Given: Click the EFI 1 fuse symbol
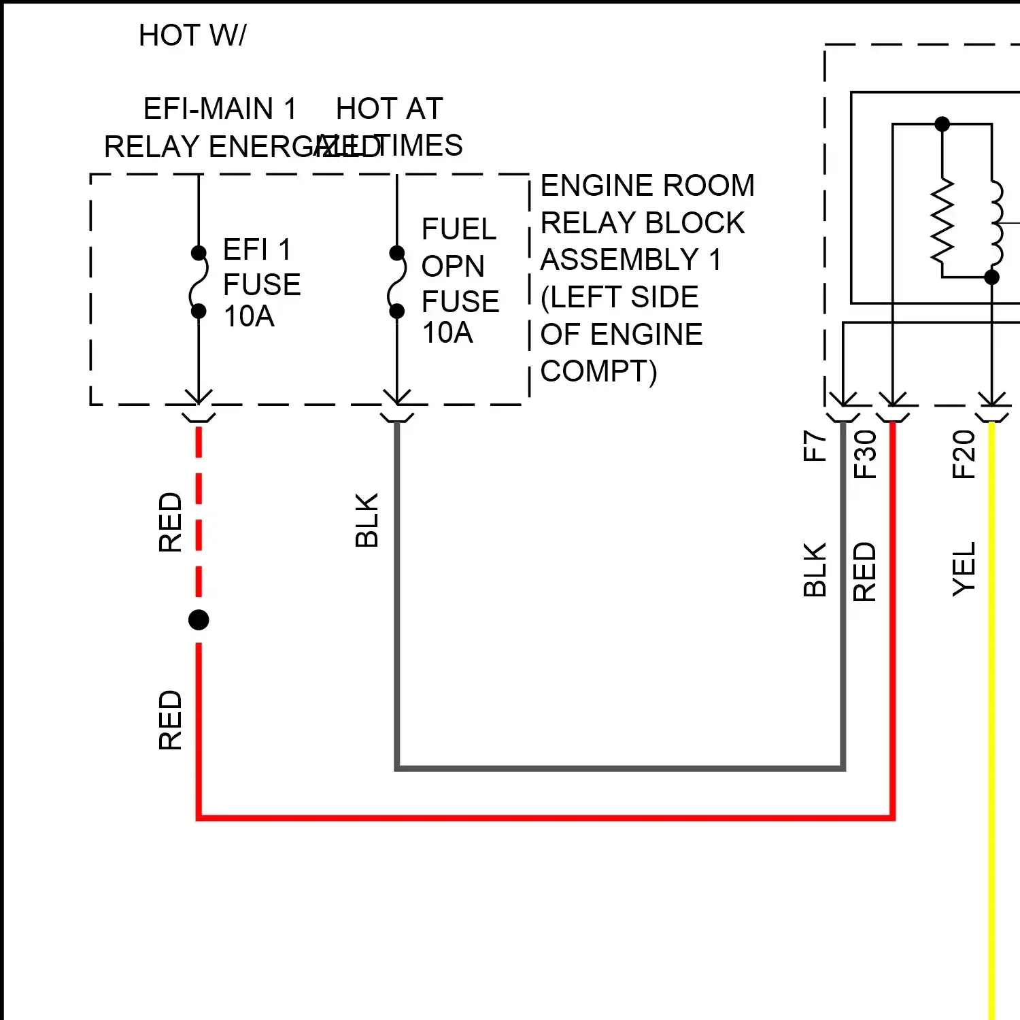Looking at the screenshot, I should tap(198, 282).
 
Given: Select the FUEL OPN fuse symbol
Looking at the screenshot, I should tap(396, 282).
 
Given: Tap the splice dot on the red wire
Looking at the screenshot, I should tap(199, 619).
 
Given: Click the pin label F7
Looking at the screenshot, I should tap(815, 446).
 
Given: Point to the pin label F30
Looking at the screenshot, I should tap(865, 454).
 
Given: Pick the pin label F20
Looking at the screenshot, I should tap(964, 454).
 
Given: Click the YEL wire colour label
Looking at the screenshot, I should tap(964, 569).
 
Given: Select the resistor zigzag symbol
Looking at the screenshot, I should tap(942, 221).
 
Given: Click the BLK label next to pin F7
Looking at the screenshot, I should tap(815, 570).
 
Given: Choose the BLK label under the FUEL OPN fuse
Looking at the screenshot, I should tap(367, 520).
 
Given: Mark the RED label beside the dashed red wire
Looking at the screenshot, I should tap(170, 522).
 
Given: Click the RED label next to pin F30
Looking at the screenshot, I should tap(865, 572).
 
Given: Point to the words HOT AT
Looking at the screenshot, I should tap(390, 109).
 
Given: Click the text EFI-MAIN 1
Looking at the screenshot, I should tap(220, 109).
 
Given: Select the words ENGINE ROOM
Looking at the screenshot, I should tap(647, 186).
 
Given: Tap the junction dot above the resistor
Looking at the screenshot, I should tap(942, 124).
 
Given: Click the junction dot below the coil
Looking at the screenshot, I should tap(992, 277).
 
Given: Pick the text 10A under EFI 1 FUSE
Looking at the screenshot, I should tap(249, 317).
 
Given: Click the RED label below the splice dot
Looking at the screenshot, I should tap(170, 720).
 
